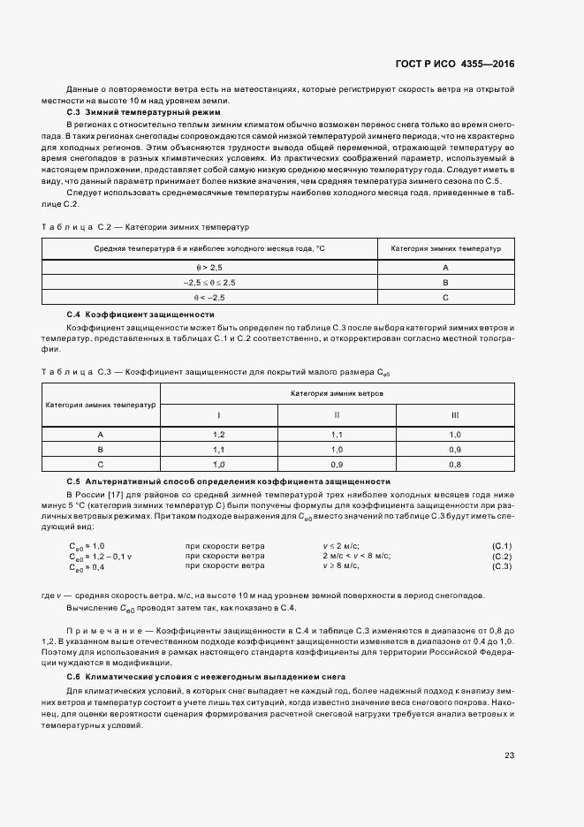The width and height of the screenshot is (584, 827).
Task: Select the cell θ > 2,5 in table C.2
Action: [x=209, y=267]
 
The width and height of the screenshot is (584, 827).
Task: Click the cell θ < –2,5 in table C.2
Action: [x=209, y=298]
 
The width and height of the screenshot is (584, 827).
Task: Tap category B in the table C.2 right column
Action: [x=445, y=282]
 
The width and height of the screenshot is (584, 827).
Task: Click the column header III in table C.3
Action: [x=455, y=414]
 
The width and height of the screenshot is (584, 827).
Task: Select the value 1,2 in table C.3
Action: [x=218, y=434]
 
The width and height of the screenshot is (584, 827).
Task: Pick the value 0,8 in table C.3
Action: [x=455, y=464]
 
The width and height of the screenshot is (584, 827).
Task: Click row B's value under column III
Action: [x=455, y=449]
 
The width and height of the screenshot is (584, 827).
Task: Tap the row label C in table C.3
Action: [x=101, y=464]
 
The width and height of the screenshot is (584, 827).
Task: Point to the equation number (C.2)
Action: [x=501, y=556]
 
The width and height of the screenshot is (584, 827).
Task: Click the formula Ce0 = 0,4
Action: [x=87, y=566]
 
